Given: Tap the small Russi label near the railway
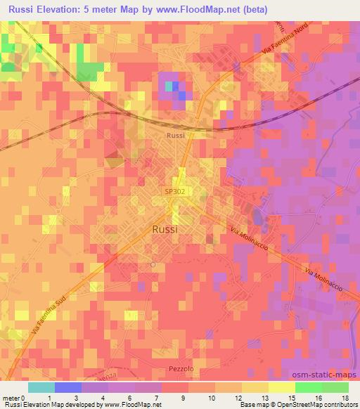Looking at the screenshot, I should point(175,135).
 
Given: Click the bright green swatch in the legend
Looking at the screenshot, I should point(308,387).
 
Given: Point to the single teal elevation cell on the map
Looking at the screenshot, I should point(169,86).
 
